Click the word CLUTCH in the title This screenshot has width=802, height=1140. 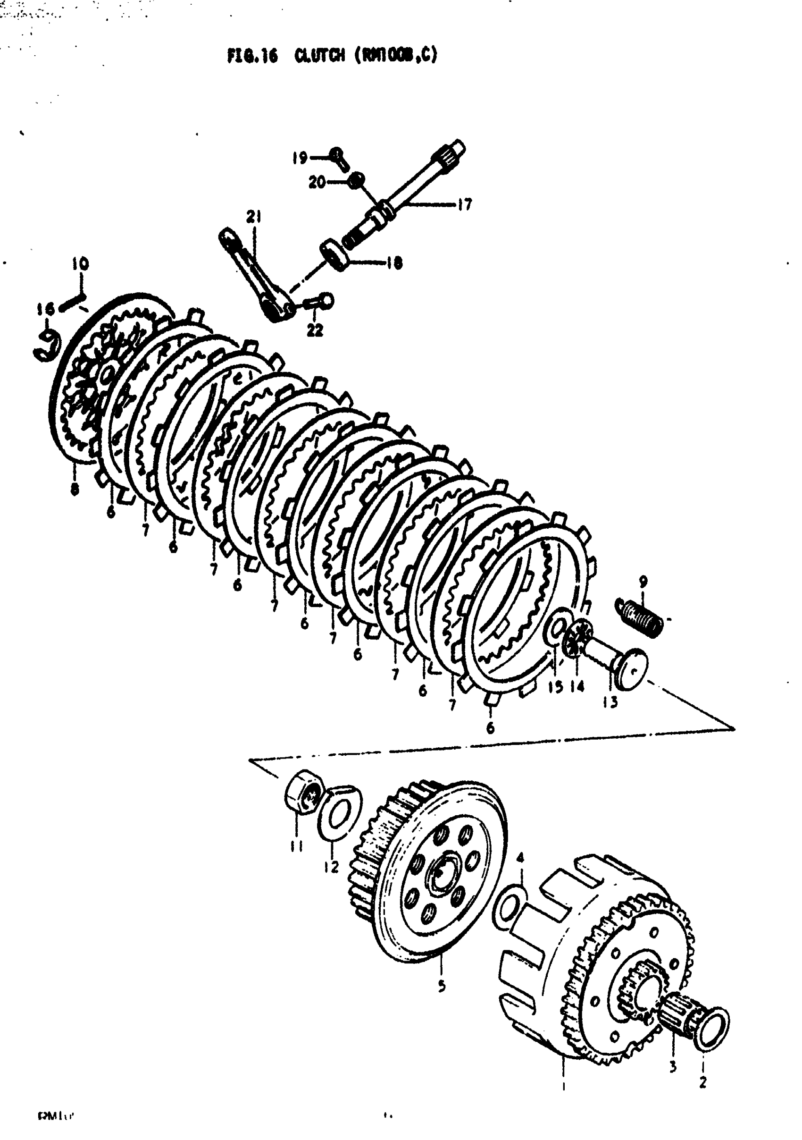click(319, 55)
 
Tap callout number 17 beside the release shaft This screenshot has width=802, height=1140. click(464, 204)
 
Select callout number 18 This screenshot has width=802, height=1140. click(394, 263)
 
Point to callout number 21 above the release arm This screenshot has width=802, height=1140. click(254, 217)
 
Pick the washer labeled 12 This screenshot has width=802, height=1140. click(338, 813)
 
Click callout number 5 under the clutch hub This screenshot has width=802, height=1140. click(442, 986)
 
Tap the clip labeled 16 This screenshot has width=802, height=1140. click(48, 346)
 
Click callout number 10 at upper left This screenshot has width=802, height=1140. click(80, 264)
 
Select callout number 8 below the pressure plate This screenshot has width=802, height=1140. click(75, 489)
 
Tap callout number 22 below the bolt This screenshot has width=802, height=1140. click(315, 329)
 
